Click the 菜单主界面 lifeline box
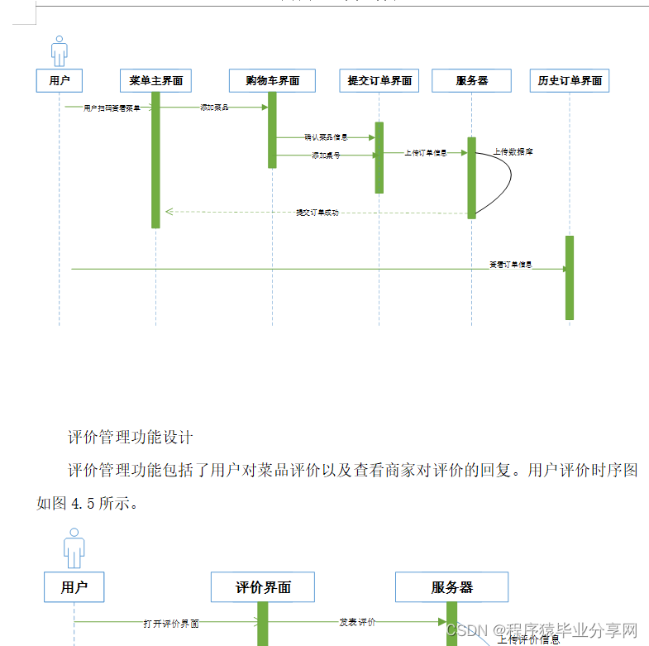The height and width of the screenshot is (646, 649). click(155, 81)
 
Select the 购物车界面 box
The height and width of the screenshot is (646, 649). click(272, 81)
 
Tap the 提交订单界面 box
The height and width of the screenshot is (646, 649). click(379, 81)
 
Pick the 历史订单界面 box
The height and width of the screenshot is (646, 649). click(570, 81)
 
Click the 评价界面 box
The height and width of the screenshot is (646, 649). click(263, 588)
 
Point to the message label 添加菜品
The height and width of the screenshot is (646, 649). click(214, 108)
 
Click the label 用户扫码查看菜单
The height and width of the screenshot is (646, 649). click(112, 108)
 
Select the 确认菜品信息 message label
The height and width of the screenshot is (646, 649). click(326, 137)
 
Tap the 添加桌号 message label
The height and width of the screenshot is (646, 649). click(326, 155)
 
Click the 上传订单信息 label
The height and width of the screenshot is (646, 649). click(426, 153)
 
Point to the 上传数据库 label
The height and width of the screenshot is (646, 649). click(513, 151)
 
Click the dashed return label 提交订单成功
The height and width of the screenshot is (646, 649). click(317, 213)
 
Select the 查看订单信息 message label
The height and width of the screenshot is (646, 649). click(510, 266)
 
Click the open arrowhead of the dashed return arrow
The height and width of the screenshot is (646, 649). click(169, 212)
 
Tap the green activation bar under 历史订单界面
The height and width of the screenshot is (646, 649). click(570, 278)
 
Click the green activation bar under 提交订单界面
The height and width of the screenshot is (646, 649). click(379, 157)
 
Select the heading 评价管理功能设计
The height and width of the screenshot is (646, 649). click(131, 437)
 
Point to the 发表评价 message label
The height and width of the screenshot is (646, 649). click(357, 621)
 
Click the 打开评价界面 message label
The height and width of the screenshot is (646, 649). click(171, 623)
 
